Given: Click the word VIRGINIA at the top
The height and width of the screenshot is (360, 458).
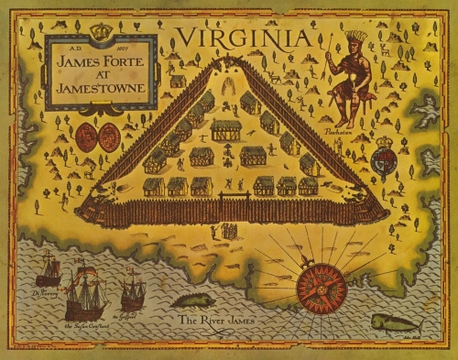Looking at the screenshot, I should pyautogui.click(x=245, y=38).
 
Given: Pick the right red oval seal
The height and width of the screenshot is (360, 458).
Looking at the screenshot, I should pyautogui.click(x=109, y=137).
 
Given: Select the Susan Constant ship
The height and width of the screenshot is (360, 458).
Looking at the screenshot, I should pyautogui.click(x=86, y=291).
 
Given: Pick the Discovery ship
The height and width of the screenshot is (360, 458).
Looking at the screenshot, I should pyautogui.click(x=48, y=269).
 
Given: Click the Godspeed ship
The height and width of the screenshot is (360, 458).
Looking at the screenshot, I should pyautogui.click(x=133, y=292).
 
